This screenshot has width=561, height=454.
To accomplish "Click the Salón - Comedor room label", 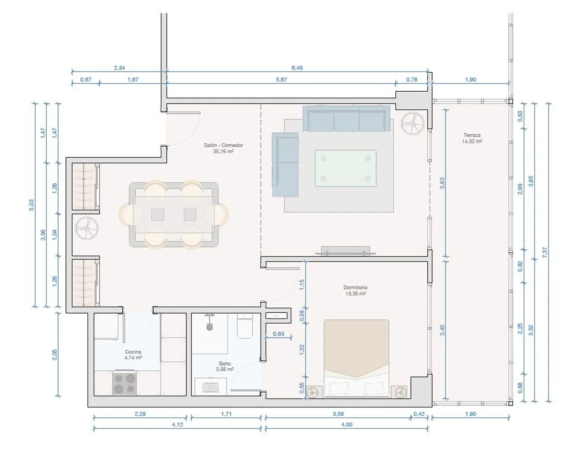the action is coord(223,145).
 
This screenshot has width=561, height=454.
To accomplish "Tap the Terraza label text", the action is coord(471,135).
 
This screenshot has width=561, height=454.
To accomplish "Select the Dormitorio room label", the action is coord(355,287).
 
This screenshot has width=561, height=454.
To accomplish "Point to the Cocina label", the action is coord(133,351).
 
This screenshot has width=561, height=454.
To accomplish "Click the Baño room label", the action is coord(224,363).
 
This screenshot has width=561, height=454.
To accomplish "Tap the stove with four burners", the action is coord(124,383).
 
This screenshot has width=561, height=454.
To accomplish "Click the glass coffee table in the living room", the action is coord(345,168).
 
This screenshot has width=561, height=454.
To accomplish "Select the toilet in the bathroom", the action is coord(245,326).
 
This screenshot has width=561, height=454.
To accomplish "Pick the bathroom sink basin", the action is coord(211,387).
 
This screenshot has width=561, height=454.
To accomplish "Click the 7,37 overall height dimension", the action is coord(545,252).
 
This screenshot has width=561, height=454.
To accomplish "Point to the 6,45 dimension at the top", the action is coord(297,68).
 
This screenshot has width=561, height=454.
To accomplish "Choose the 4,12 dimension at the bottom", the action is coord(177,425).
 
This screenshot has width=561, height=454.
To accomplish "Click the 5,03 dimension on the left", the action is coord(32,205).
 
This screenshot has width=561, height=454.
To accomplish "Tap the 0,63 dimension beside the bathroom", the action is coord(278,334).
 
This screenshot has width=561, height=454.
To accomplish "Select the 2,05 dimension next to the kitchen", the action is coord(54,355).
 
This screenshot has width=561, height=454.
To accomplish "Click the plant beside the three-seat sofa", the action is coord(413,124).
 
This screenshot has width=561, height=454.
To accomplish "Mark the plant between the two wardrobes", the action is coord(87,228).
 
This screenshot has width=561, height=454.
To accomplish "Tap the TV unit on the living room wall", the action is coord(345,251).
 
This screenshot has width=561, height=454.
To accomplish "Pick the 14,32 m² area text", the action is coord(472,141).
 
